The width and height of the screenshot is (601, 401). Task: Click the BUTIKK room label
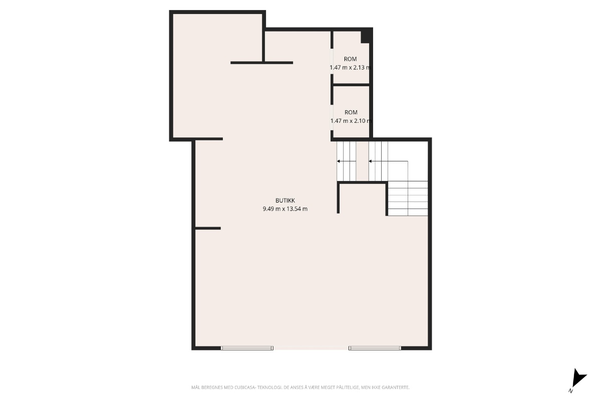coord(285,200)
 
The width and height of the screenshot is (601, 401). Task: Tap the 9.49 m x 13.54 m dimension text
coord(285,209)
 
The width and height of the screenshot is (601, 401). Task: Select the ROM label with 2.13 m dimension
coord(351,59)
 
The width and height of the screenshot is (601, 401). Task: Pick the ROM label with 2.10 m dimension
coord(351,112)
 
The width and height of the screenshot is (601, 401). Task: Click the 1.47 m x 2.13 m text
coord(350,67)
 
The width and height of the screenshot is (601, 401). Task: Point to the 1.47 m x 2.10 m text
coord(351,121)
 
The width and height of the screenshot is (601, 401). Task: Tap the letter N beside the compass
coord(570,391)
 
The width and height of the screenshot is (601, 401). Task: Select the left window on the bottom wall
coord(247,348)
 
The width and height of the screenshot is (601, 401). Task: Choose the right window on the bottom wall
coord(375,348)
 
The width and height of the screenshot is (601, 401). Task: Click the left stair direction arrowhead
coord(339,161)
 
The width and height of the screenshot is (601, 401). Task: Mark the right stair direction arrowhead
coord(370,161)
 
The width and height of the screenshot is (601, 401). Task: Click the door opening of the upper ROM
coord(332,61)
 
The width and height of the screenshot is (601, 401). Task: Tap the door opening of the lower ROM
coord(332,117)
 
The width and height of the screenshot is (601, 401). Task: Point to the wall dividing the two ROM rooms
coord(351,85)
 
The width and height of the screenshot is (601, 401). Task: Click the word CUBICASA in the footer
coord(245,387)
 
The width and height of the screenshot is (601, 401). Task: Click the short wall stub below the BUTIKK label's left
coord(208,228)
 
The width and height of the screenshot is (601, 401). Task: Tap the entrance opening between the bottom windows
coord(311,348)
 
